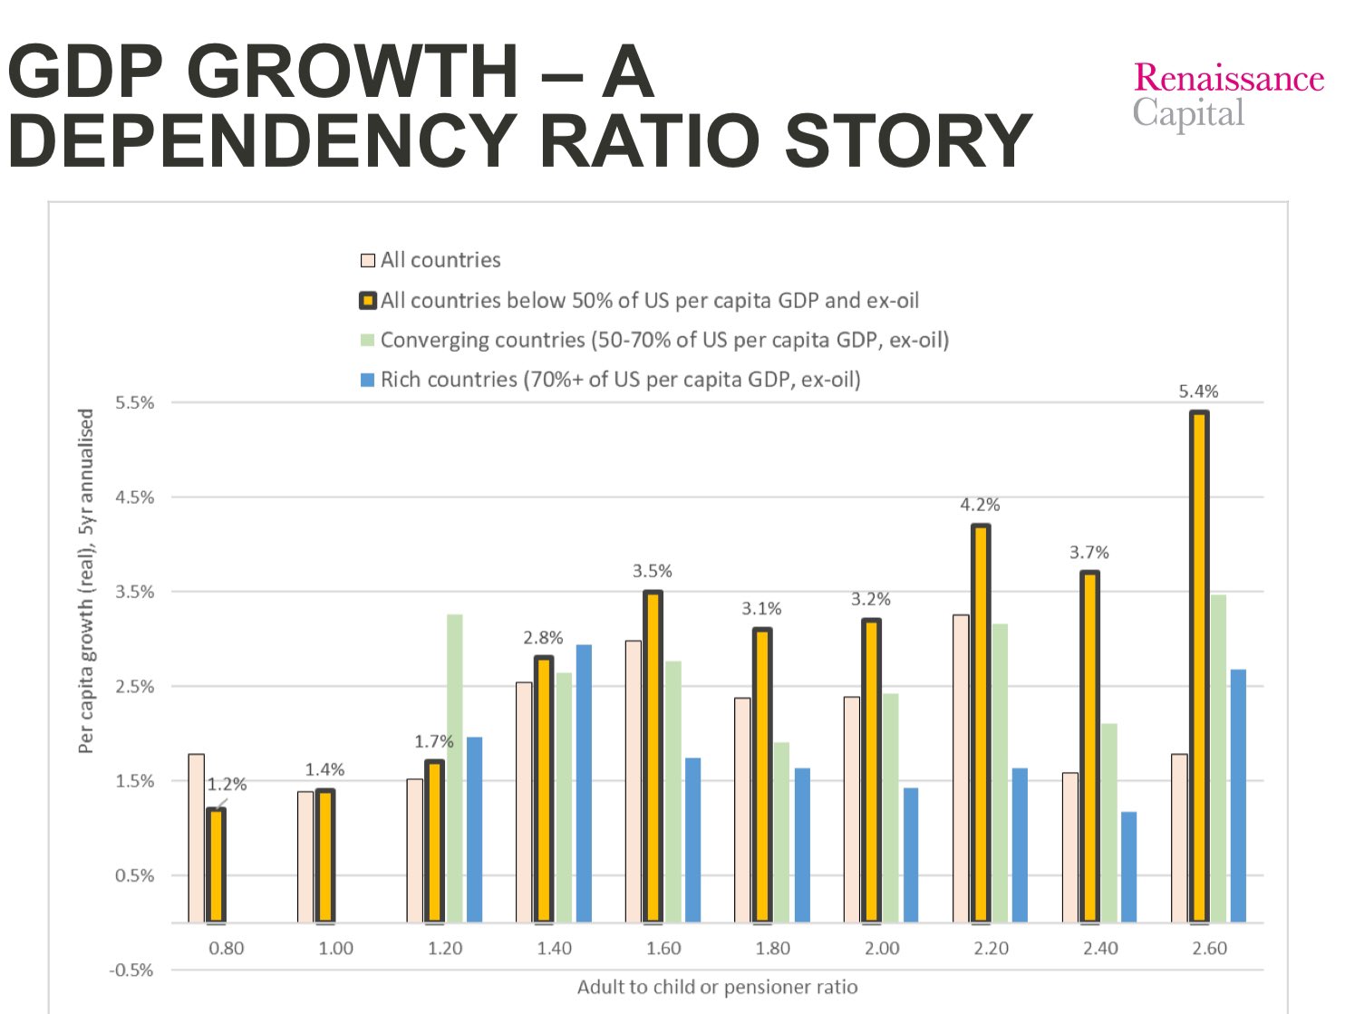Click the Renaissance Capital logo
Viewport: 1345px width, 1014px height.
(x=1228, y=94)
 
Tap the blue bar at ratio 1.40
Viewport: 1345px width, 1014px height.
(x=584, y=783)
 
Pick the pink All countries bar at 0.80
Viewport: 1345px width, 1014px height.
(x=197, y=837)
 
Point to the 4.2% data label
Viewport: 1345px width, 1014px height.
(x=980, y=505)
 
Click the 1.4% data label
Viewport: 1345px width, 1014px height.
(x=324, y=769)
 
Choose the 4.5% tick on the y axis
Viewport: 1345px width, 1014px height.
(x=134, y=497)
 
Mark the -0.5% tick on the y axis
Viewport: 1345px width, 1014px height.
(x=132, y=971)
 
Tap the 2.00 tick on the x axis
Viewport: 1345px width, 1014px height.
(x=881, y=949)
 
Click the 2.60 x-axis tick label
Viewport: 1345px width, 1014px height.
(x=1209, y=949)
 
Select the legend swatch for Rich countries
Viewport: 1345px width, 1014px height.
(x=368, y=380)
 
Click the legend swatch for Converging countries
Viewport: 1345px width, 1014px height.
(x=368, y=341)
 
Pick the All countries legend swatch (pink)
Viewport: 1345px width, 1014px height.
(x=368, y=261)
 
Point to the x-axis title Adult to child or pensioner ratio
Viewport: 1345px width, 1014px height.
(x=717, y=987)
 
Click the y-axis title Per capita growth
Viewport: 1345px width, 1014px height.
(x=87, y=581)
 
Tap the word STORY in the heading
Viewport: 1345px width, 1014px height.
(x=908, y=140)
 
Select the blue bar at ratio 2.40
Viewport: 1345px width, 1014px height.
(x=1128, y=866)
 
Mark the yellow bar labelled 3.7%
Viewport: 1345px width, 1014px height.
(x=1089, y=747)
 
